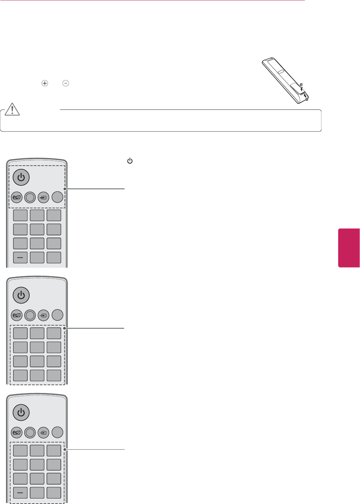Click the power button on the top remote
pyautogui.click(x=21, y=177)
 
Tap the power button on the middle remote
pyautogui.click(x=21, y=295)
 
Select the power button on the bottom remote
pyautogui.click(x=21, y=413)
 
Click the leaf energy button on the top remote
pyautogui.click(x=16, y=197)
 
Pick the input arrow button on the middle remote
pyautogui.click(x=43, y=315)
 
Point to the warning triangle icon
pyautogui.click(x=12, y=109)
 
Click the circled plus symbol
pyautogui.click(x=45, y=83)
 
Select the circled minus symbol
pyautogui.click(x=66, y=83)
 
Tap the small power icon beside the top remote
pyautogui.click(x=130, y=161)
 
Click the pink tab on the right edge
pyautogui.click(x=349, y=248)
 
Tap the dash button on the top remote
pyautogui.click(x=20, y=257)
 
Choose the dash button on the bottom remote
pyautogui.click(x=20, y=492)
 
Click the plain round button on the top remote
pyautogui.click(x=57, y=197)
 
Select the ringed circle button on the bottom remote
pyautogui.click(x=30, y=432)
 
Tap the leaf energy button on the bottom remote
pyautogui.click(x=16, y=432)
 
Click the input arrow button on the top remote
pyautogui.click(x=43, y=197)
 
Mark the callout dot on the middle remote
pyautogui.click(x=65, y=328)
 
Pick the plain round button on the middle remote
pyautogui.click(x=57, y=315)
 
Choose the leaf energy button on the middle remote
pyautogui.click(x=16, y=315)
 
